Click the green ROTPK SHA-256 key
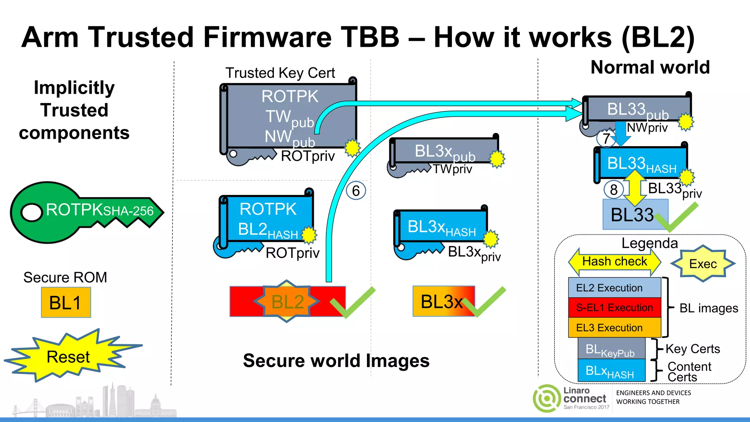click(84, 212)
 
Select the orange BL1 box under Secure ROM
click(66, 303)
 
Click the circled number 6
click(356, 190)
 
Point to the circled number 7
click(606, 138)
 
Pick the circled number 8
click(614, 189)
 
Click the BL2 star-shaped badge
click(287, 301)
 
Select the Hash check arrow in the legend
click(615, 262)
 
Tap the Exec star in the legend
click(703, 263)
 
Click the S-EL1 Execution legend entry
click(614, 308)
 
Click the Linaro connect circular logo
click(546, 398)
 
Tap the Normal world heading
click(650, 67)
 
